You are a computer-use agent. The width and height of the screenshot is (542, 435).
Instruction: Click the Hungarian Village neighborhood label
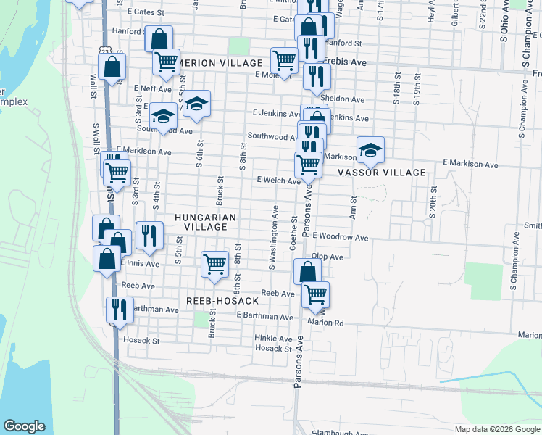pyautogui.click(x=201, y=222)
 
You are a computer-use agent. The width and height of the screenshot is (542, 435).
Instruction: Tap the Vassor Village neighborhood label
pyautogui.click(x=382, y=173)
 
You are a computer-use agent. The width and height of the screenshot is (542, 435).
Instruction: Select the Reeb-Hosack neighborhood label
pyautogui.click(x=222, y=300)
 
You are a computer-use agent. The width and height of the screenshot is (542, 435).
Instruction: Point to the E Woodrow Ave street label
pyautogui.click(x=340, y=237)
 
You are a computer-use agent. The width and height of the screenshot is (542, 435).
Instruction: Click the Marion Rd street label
pyautogui.click(x=325, y=322)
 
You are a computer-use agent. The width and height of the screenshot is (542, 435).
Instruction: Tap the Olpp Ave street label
pyautogui.click(x=327, y=257)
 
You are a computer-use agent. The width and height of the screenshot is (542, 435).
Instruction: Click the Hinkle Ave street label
pyautogui.click(x=272, y=339)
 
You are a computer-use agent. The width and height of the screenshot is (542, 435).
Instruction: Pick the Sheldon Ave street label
pyautogui.click(x=342, y=99)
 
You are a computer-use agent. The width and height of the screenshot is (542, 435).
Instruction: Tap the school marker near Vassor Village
pyautogui.click(x=370, y=149)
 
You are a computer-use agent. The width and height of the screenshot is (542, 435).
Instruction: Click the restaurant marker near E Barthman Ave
pyautogui.click(x=117, y=310)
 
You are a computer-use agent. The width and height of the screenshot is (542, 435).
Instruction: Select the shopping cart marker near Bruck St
pyautogui.click(x=214, y=264)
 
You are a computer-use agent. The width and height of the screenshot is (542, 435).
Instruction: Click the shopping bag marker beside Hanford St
pyautogui.click(x=159, y=38)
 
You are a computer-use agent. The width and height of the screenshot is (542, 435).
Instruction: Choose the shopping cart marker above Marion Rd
pyautogui.click(x=315, y=294)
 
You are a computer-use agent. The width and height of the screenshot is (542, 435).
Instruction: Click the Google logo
pyautogui.click(x=24, y=426)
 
